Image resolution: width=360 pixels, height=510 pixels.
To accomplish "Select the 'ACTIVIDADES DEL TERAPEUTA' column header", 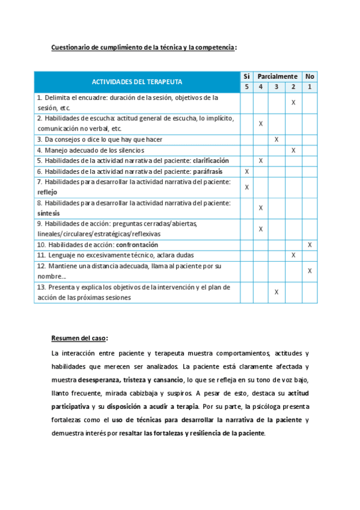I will tap(137, 82).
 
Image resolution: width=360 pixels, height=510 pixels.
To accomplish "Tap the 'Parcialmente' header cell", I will tap(277, 76).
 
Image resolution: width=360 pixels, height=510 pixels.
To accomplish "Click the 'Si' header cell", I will tap(246, 76).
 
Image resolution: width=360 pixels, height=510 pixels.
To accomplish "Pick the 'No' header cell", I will tap(310, 76).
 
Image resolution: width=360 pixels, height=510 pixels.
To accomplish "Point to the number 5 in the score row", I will tap(246, 87).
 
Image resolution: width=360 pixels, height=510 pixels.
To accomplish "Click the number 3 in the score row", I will tap(276, 87).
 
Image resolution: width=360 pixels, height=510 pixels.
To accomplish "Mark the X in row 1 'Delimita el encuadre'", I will tap(293, 103).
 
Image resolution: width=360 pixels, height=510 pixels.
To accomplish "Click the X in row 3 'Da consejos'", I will tap(276, 140).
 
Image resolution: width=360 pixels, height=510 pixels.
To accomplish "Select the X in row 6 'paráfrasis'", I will tap(246, 171).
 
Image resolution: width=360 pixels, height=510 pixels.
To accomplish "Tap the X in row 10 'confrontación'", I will tap(310, 245).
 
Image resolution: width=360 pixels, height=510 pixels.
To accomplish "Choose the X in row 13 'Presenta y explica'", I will tap(276, 292).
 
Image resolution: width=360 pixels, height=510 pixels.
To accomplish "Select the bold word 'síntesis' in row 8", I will tap(48, 213).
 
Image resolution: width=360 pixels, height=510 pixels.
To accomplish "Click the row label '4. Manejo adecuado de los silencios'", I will tap(90, 150).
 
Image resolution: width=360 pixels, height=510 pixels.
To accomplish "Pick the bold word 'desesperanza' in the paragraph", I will tap(99, 380).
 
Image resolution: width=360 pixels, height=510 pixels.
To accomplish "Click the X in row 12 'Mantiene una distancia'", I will tap(310, 271).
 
